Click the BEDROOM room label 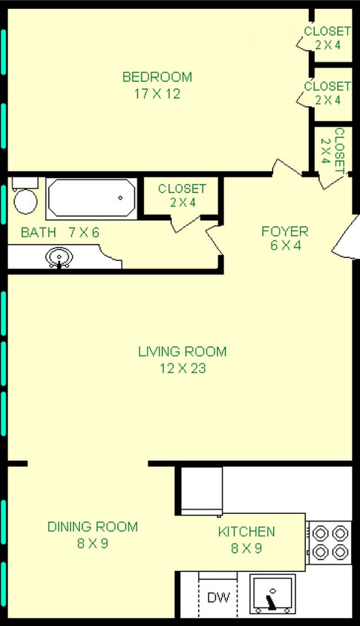click(x=157, y=77)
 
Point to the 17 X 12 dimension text click(x=157, y=94)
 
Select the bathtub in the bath click(x=91, y=198)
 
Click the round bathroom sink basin click(x=59, y=257)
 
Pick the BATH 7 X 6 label click(x=59, y=233)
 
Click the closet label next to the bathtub click(x=182, y=189)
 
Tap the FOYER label click(x=284, y=231)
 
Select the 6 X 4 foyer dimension click(x=284, y=246)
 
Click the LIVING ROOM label click(x=182, y=352)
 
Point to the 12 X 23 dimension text click(x=182, y=369)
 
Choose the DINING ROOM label click(x=92, y=527)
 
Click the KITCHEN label click(x=246, y=532)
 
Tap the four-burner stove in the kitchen click(x=329, y=542)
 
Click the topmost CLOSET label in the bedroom click(x=327, y=31)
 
